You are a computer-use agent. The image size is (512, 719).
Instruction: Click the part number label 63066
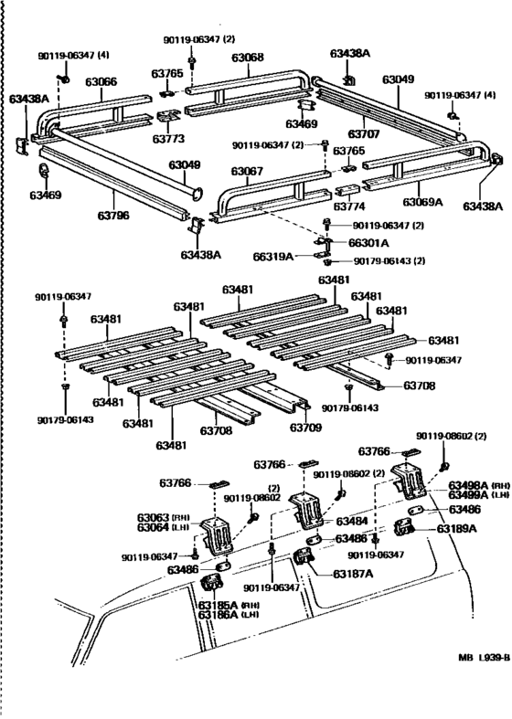[x=101, y=82]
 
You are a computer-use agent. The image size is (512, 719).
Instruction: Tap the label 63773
[x=169, y=139]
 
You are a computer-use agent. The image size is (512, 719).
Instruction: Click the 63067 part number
[x=247, y=171]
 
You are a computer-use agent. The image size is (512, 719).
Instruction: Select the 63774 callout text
[x=348, y=207]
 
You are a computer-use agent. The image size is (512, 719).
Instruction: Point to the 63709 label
[x=307, y=427]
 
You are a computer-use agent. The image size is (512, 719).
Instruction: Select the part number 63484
[x=352, y=522]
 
